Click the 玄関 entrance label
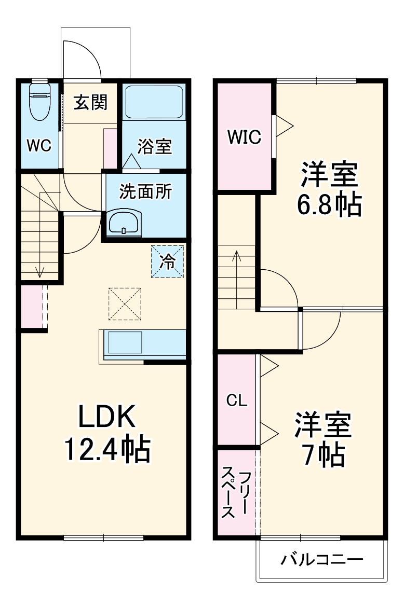pos(90,103)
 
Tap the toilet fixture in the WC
pos(39,101)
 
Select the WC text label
pos(39,146)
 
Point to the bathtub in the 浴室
pos(154,102)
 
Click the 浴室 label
pos(154,147)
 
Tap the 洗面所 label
pos(145,192)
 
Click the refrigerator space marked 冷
pos(167,261)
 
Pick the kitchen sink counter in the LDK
pos(142,343)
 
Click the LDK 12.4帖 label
pos(107,433)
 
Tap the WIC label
pos(244,137)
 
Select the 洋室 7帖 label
pos(324,438)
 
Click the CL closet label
pos(236,400)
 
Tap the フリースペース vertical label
pos(236,493)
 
